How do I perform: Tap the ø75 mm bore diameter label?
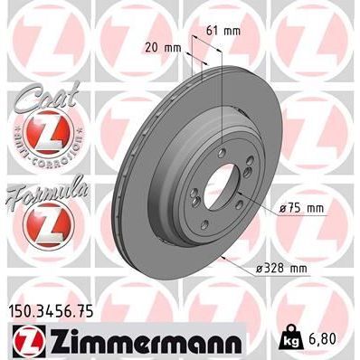pyautogui.click(x=301, y=209)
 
